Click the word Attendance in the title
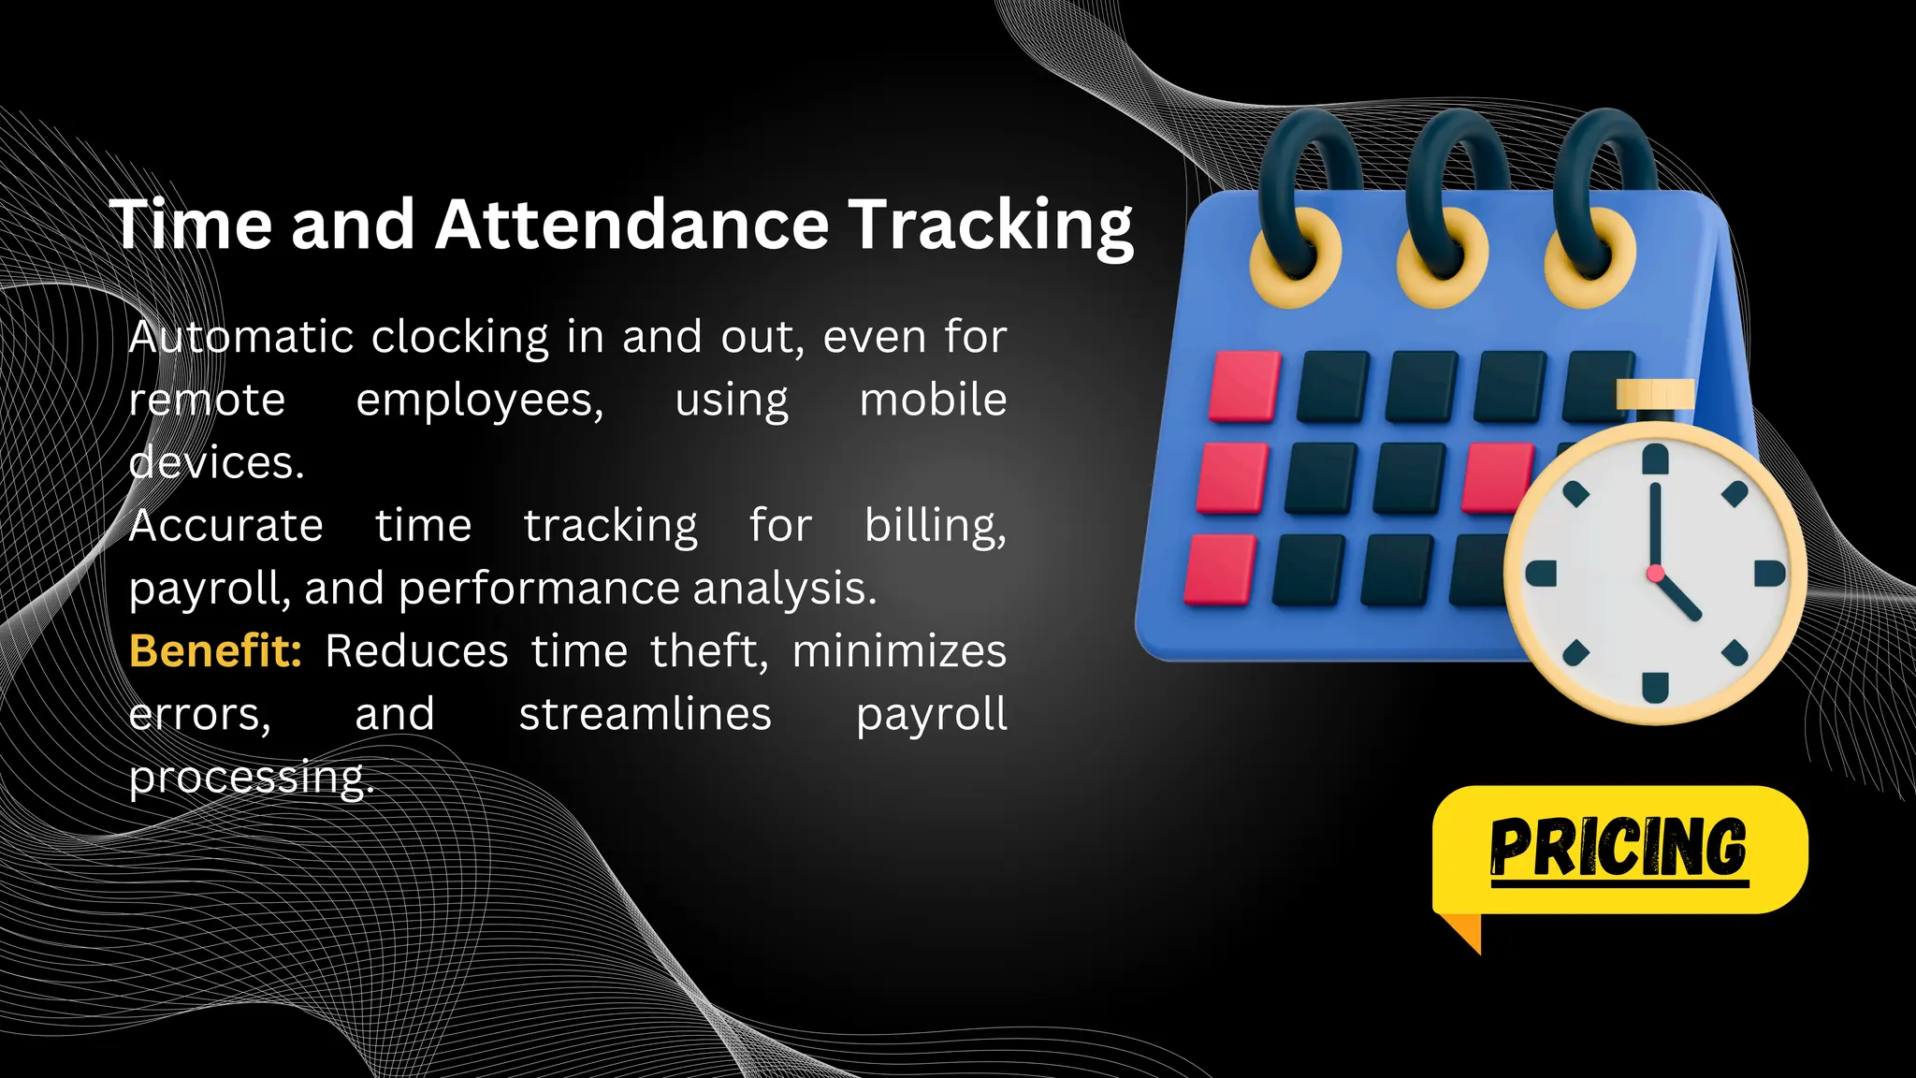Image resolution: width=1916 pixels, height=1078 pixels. point(631,225)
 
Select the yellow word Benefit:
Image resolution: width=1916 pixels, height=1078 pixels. point(215,650)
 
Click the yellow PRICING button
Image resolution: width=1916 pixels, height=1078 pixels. point(1619,849)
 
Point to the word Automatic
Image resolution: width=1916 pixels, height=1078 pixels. point(241,337)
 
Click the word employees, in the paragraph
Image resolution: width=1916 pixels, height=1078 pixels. point(480,401)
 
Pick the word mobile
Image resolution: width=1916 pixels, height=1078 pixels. point(933,400)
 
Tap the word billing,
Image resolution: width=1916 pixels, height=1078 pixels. point(935,525)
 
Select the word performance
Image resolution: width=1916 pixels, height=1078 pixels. point(539,589)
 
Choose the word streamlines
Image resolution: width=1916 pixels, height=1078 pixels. point(645,714)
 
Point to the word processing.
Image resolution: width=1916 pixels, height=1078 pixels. point(251,778)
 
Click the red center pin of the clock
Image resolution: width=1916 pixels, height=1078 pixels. point(1655,573)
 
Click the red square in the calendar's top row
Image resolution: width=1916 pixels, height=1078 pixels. point(1244,386)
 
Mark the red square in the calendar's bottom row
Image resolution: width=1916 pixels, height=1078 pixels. point(1220,569)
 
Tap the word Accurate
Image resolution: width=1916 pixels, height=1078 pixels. point(226,525)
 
